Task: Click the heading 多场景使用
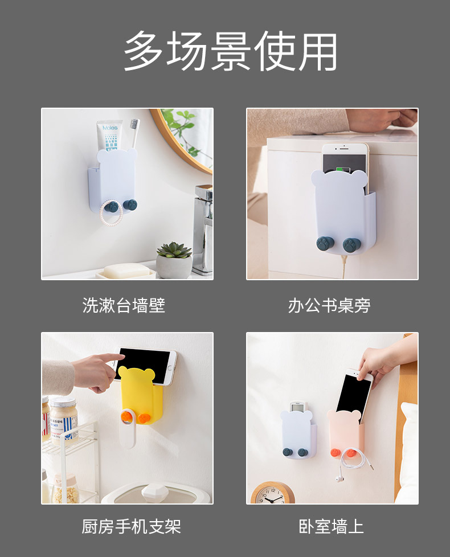pyautogui.click(x=230, y=51)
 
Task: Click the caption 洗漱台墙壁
pyautogui.click(x=124, y=306)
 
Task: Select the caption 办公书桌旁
pyautogui.click(x=329, y=306)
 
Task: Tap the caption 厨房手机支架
pyautogui.click(x=131, y=526)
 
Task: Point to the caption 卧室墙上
pyautogui.click(x=332, y=526)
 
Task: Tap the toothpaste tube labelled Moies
pyautogui.click(x=109, y=137)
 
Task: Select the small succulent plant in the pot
pyautogui.click(x=174, y=251)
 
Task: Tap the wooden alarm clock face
pyautogui.click(x=273, y=494)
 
